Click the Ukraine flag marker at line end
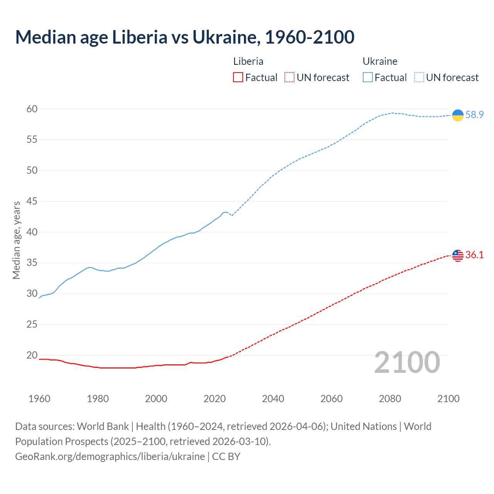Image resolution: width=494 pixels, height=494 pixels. point(458,115)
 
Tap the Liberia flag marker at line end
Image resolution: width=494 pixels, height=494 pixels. point(458,255)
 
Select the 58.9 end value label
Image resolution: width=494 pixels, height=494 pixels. point(474,115)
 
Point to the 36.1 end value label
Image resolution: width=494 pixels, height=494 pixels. point(474,255)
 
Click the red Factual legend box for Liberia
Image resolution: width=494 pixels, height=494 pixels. point(238,78)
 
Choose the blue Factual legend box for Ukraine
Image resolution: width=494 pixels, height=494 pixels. point(368,78)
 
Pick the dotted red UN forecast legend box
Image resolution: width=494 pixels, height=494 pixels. point(289,78)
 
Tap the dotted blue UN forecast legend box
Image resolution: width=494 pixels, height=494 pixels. point(419,78)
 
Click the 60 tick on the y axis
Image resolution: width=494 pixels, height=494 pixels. point(32,109)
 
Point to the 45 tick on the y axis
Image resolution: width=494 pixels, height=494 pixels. point(32,201)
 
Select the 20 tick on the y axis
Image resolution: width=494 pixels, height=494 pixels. point(32,355)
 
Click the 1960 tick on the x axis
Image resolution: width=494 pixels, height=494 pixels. point(39,399)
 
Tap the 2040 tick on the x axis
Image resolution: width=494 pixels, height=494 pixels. point(273,399)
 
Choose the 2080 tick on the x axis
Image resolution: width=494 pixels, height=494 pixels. point(390,399)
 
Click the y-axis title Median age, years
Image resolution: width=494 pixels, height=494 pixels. point(16,240)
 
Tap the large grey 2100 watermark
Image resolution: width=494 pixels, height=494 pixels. point(407,362)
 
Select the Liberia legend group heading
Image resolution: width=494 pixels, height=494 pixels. point(248,61)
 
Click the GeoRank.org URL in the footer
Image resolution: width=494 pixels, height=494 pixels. point(110,456)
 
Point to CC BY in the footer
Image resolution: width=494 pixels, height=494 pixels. point(226,456)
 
